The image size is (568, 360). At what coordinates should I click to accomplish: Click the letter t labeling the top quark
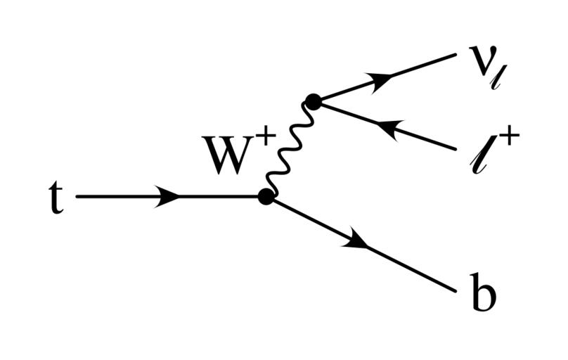pos(55,198)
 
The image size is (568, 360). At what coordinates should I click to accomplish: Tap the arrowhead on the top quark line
pos(167,197)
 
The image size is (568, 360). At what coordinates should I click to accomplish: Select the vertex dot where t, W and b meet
pos(266,197)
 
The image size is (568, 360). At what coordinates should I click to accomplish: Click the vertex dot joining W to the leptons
pos(313,102)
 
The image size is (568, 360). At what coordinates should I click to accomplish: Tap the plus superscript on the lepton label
pos(508,139)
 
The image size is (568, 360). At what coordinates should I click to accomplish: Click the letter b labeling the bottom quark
pos(483,295)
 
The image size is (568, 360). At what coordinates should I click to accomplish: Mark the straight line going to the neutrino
pos(422,67)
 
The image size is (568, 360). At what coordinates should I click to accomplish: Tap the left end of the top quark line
pos(77,197)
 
